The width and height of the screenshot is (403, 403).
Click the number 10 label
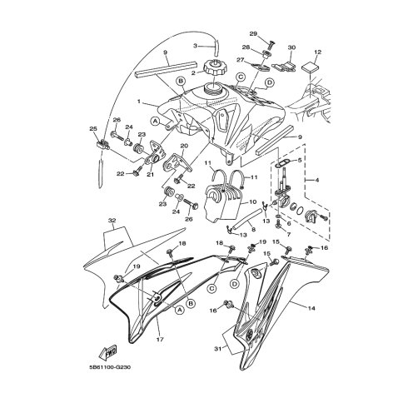[251, 201]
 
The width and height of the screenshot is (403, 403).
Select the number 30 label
[291, 48]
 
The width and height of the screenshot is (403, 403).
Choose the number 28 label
[246, 47]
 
